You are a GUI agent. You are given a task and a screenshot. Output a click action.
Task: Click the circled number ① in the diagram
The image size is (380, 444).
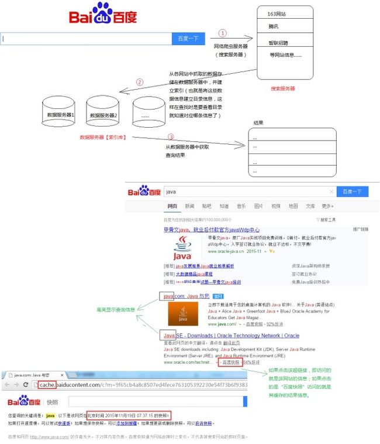[x=222, y=33]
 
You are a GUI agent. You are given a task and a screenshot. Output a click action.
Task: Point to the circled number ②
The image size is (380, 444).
[x=139, y=82]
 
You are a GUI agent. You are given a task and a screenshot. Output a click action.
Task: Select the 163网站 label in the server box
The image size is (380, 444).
[x=277, y=13]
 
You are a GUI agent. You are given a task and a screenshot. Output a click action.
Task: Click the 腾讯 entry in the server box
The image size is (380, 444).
[x=274, y=27]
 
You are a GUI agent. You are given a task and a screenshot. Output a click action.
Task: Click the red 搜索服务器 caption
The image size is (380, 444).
[x=283, y=89]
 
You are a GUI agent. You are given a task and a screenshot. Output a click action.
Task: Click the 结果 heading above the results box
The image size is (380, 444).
[x=258, y=123]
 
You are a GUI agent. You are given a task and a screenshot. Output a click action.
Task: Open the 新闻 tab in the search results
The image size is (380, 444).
[x=189, y=206]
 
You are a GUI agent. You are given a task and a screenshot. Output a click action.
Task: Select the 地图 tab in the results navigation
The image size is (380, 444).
[x=293, y=206]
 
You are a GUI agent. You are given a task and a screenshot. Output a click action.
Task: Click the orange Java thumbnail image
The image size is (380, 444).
[x=182, y=313]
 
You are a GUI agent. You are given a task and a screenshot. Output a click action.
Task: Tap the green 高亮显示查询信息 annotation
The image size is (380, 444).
[x=115, y=310]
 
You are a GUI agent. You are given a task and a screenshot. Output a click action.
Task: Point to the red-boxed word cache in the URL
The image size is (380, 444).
[x=47, y=384]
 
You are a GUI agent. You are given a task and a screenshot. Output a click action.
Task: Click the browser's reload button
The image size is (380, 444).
[x=26, y=384]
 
